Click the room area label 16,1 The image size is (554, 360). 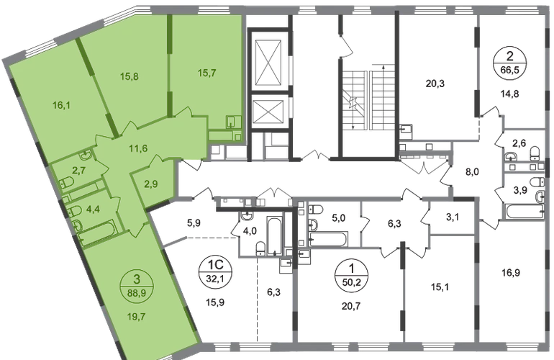pos(61,105)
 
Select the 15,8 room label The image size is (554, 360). pos(129,76)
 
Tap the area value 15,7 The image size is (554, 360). pos(207,73)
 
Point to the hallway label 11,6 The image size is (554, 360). pos(138,148)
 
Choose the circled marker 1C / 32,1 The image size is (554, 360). pos(215,271)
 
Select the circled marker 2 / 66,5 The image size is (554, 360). pos(510,63)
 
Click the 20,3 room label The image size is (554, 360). pos(435,84)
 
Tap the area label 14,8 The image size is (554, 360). pos(510,94)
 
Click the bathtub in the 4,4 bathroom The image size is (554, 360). pos(96,232)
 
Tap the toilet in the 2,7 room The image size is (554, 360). pos(67,182)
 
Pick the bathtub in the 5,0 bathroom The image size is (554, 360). pos(328,239)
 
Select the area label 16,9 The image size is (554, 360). pos(511,273)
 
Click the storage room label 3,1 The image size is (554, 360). pos(453,217)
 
